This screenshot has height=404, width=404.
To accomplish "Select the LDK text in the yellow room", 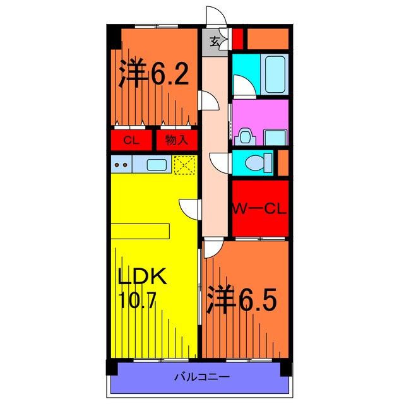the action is point(141,276).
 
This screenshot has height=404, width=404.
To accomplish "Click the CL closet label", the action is point(131,140).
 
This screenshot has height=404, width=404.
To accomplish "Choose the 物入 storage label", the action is point(177,140).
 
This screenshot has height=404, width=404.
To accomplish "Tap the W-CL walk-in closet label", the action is point(259,209).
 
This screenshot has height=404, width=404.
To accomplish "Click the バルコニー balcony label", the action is point(202,377).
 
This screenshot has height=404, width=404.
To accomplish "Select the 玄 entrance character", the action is point(215,42).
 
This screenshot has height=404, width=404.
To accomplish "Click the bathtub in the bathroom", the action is point(275,74).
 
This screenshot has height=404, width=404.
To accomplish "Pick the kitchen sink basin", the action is point(157,165).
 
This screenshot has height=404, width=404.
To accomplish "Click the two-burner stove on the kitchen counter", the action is point(121,164).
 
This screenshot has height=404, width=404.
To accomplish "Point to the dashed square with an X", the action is point(184,165).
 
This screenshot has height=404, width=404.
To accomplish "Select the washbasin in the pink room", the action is point(244,136).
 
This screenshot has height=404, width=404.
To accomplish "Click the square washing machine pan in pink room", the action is point(275,138).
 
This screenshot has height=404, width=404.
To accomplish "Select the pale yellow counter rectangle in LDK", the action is point(140,232).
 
